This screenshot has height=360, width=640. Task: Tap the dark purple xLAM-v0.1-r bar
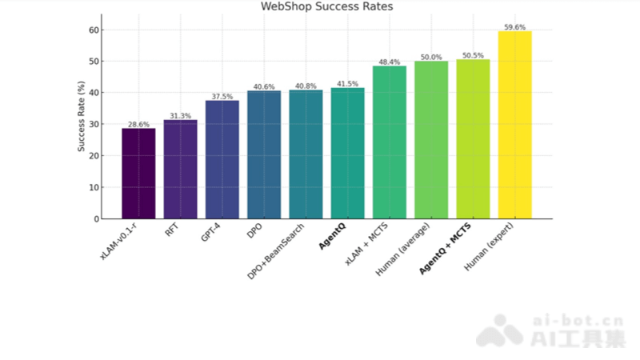[x=138, y=174]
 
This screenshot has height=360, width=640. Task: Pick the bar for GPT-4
[x=222, y=159]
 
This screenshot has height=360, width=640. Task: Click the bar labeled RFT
[x=180, y=170]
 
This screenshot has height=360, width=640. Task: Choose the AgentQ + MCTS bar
[x=473, y=139]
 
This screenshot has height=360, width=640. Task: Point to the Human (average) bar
[x=431, y=140]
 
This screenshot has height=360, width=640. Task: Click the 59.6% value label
[x=514, y=27]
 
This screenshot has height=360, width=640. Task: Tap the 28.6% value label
[x=138, y=125]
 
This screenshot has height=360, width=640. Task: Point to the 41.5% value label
[x=347, y=84]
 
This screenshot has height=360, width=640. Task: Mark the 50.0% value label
[x=431, y=58]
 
